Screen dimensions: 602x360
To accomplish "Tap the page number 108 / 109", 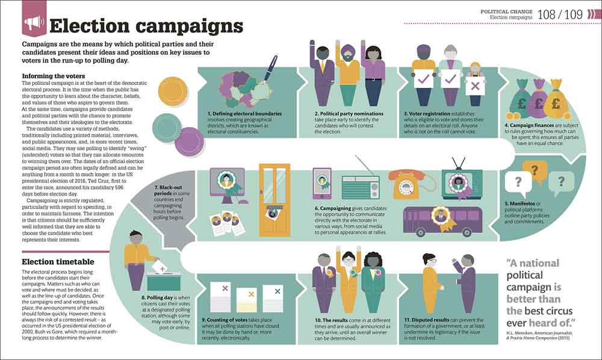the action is pos(560,14).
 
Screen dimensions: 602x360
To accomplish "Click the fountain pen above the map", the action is pos(271,68).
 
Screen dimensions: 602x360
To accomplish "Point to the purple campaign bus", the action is pos(442,221).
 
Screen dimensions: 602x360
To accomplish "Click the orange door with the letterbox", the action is pos(275,200).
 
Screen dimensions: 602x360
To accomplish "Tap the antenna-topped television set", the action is pos(462,181).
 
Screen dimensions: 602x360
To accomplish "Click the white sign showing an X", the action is pos(475,85).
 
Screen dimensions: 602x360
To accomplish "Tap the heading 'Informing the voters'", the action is pos(54,76).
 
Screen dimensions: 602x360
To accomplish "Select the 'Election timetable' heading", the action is pos(58,262).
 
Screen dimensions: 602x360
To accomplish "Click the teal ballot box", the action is pos(164,282).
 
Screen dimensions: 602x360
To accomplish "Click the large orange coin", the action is pos(173,90).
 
